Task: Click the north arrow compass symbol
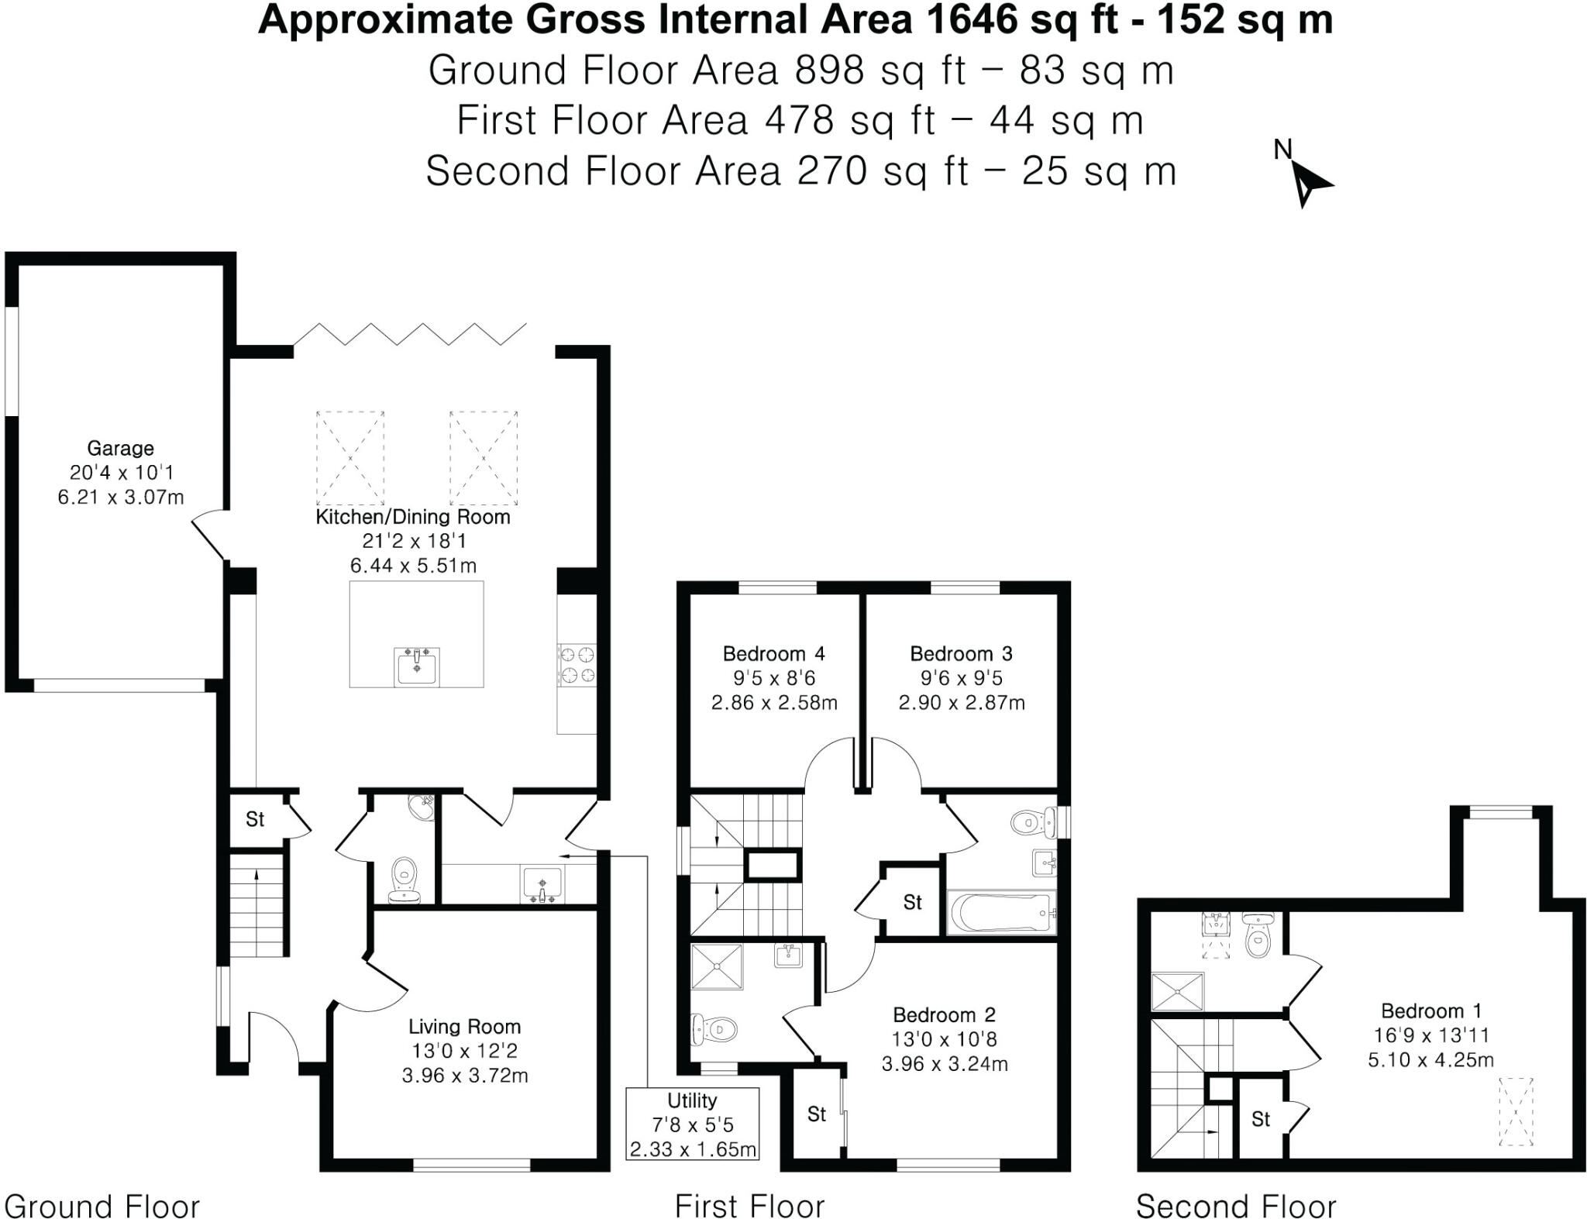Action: pos(1308,183)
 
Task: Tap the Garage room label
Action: pos(120,448)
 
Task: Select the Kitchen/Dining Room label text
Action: pos(412,517)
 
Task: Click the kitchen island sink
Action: pos(417,666)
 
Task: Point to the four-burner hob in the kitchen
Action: pos(577,665)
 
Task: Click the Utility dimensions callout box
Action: pos(692,1124)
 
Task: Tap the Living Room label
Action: pos(464,1027)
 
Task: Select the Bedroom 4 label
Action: pos(773,653)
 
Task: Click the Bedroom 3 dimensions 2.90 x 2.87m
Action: pos(961,703)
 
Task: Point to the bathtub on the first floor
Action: pos(1001,913)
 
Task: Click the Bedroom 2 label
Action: pos(944,1014)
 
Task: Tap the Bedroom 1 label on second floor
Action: pos(1430,1011)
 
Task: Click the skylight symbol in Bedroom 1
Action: pos(1516,1111)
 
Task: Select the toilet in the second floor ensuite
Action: pos(1257,938)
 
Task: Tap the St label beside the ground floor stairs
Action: pos(255,819)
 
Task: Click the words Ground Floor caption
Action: pos(102,1206)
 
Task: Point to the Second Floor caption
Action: pos(1235,1206)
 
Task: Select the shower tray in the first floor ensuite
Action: pos(717,966)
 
